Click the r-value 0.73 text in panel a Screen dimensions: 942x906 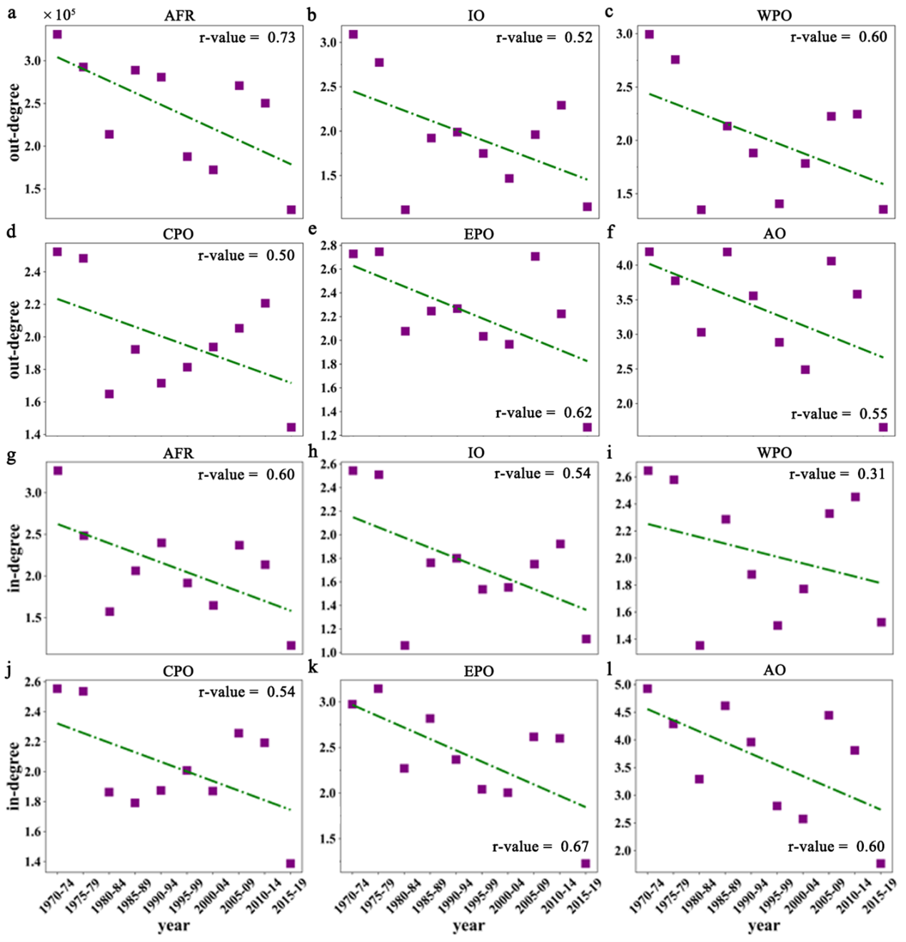point(247,38)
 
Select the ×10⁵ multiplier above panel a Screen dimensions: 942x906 point(59,14)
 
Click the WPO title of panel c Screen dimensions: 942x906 point(774,16)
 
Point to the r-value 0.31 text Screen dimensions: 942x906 point(837,474)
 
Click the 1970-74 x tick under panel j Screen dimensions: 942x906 point(56,894)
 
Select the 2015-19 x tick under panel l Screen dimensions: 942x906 point(882,894)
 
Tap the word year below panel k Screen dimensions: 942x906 point(468,926)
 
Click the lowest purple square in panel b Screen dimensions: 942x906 point(406,210)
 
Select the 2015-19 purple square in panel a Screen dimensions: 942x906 point(291,210)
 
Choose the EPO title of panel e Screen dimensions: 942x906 point(478,234)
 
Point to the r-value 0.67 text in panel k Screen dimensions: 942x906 point(540,846)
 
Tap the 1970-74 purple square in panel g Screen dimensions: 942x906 point(58,470)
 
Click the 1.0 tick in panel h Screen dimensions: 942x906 point(328,652)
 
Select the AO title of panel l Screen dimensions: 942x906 point(775,670)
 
